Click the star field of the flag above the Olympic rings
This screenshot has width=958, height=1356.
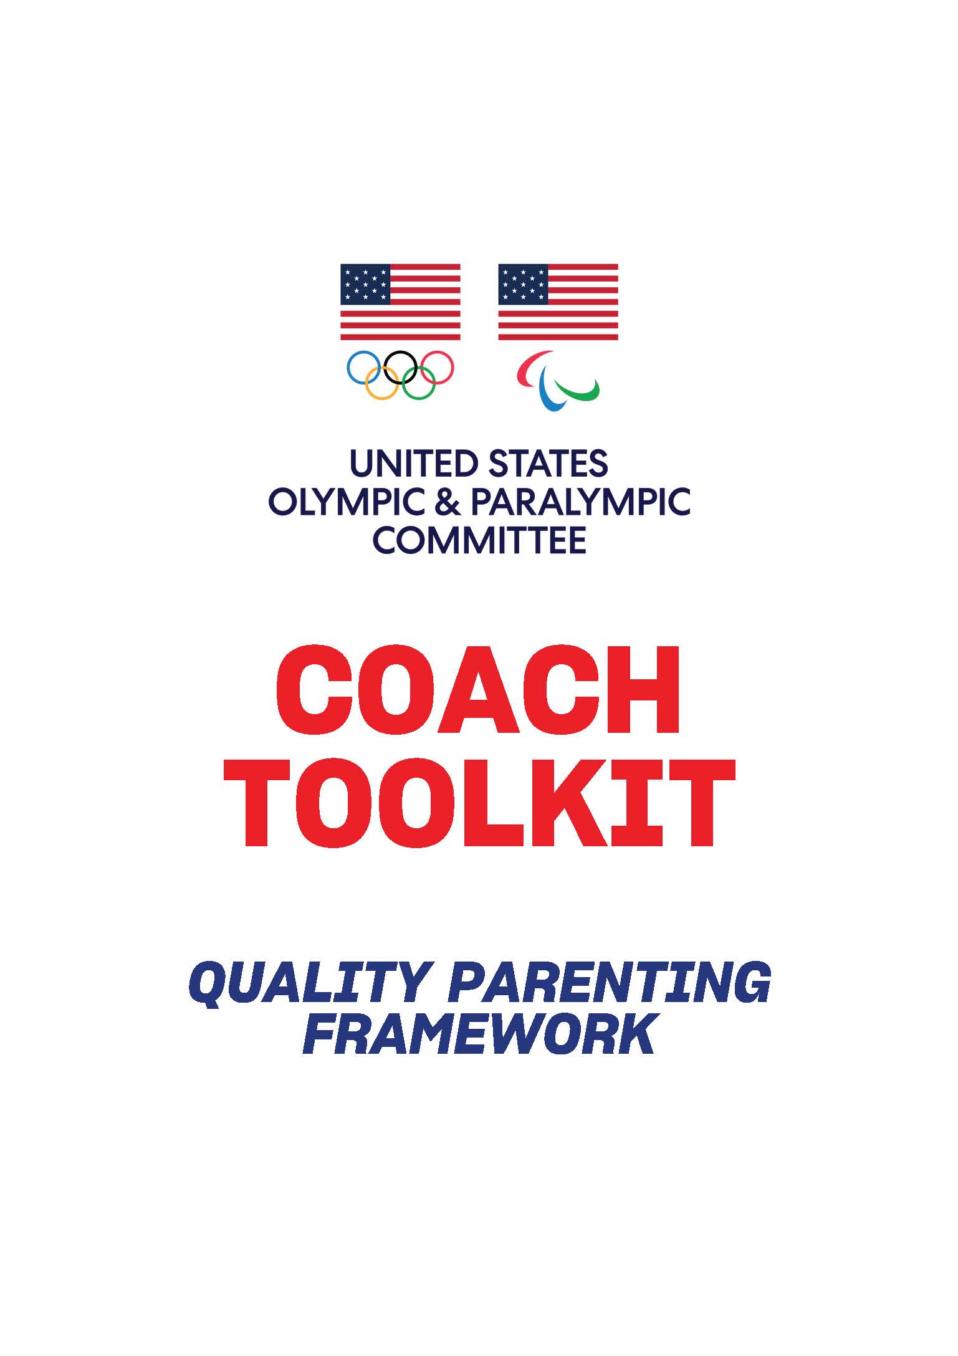(365, 284)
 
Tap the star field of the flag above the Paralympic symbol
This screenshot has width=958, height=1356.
(523, 284)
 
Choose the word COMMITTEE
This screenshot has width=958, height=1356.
(479, 540)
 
